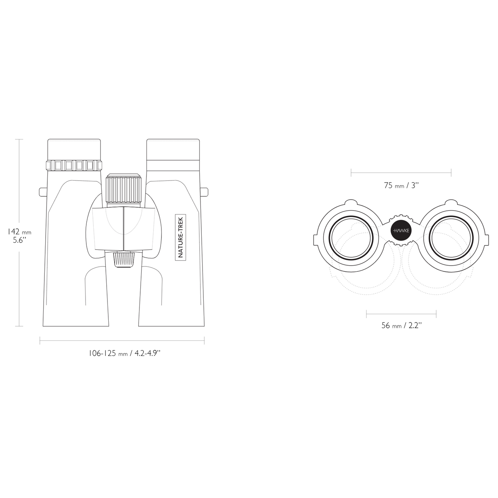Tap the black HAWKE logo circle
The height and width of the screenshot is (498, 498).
401,231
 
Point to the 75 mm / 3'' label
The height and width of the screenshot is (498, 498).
401,185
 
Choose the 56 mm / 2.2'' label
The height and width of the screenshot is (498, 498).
402,325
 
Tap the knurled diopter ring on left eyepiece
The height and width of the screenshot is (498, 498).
74,165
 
